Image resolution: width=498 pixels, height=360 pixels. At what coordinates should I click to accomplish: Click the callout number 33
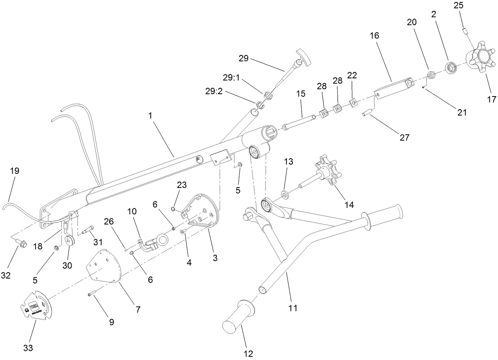click(x=28, y=348)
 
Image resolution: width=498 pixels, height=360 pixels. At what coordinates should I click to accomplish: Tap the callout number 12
click(x=248, y=353)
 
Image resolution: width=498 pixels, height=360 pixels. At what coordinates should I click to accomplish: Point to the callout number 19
click(x=15, y=171)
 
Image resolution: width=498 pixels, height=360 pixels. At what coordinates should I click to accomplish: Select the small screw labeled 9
click(x=92, y=294)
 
